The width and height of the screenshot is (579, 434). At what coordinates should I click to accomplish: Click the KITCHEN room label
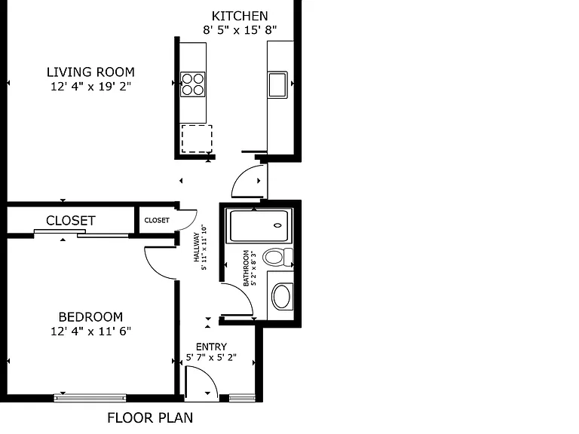(240, 16)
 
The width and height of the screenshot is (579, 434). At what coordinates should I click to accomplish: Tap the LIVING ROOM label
(90, 72)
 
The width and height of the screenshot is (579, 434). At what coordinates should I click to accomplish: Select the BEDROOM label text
(90, 317)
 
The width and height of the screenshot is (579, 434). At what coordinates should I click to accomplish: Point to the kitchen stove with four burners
(193, 84)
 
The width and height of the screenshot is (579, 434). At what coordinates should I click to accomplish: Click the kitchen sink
(277, 85)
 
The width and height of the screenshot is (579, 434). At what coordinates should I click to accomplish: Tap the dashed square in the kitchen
(197, 139)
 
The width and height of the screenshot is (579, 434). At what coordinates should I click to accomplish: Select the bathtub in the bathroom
(259, 226)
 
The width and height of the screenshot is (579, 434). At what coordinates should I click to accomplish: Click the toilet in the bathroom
(277, 257)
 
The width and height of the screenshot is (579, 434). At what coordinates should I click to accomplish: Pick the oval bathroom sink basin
(282, 297)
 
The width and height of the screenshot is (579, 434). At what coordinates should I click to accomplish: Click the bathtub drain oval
(277, 225)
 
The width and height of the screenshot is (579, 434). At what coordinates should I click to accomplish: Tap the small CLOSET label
(157, 220)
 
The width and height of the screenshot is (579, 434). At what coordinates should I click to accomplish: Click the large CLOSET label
(71, 221)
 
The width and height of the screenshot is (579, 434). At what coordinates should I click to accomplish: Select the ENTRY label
(211, 347)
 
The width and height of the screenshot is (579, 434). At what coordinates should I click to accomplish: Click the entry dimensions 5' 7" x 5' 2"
(211, 357)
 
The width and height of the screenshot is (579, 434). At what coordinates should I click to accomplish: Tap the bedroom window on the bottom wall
(90, 398)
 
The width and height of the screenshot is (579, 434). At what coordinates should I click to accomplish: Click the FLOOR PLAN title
(150, 417)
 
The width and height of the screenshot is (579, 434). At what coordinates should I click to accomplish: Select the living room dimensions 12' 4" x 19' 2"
(90, 87)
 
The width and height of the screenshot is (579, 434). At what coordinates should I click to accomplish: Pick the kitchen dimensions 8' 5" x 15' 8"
(240, 29)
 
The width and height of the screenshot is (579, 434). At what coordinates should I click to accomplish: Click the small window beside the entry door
(242, 398)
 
